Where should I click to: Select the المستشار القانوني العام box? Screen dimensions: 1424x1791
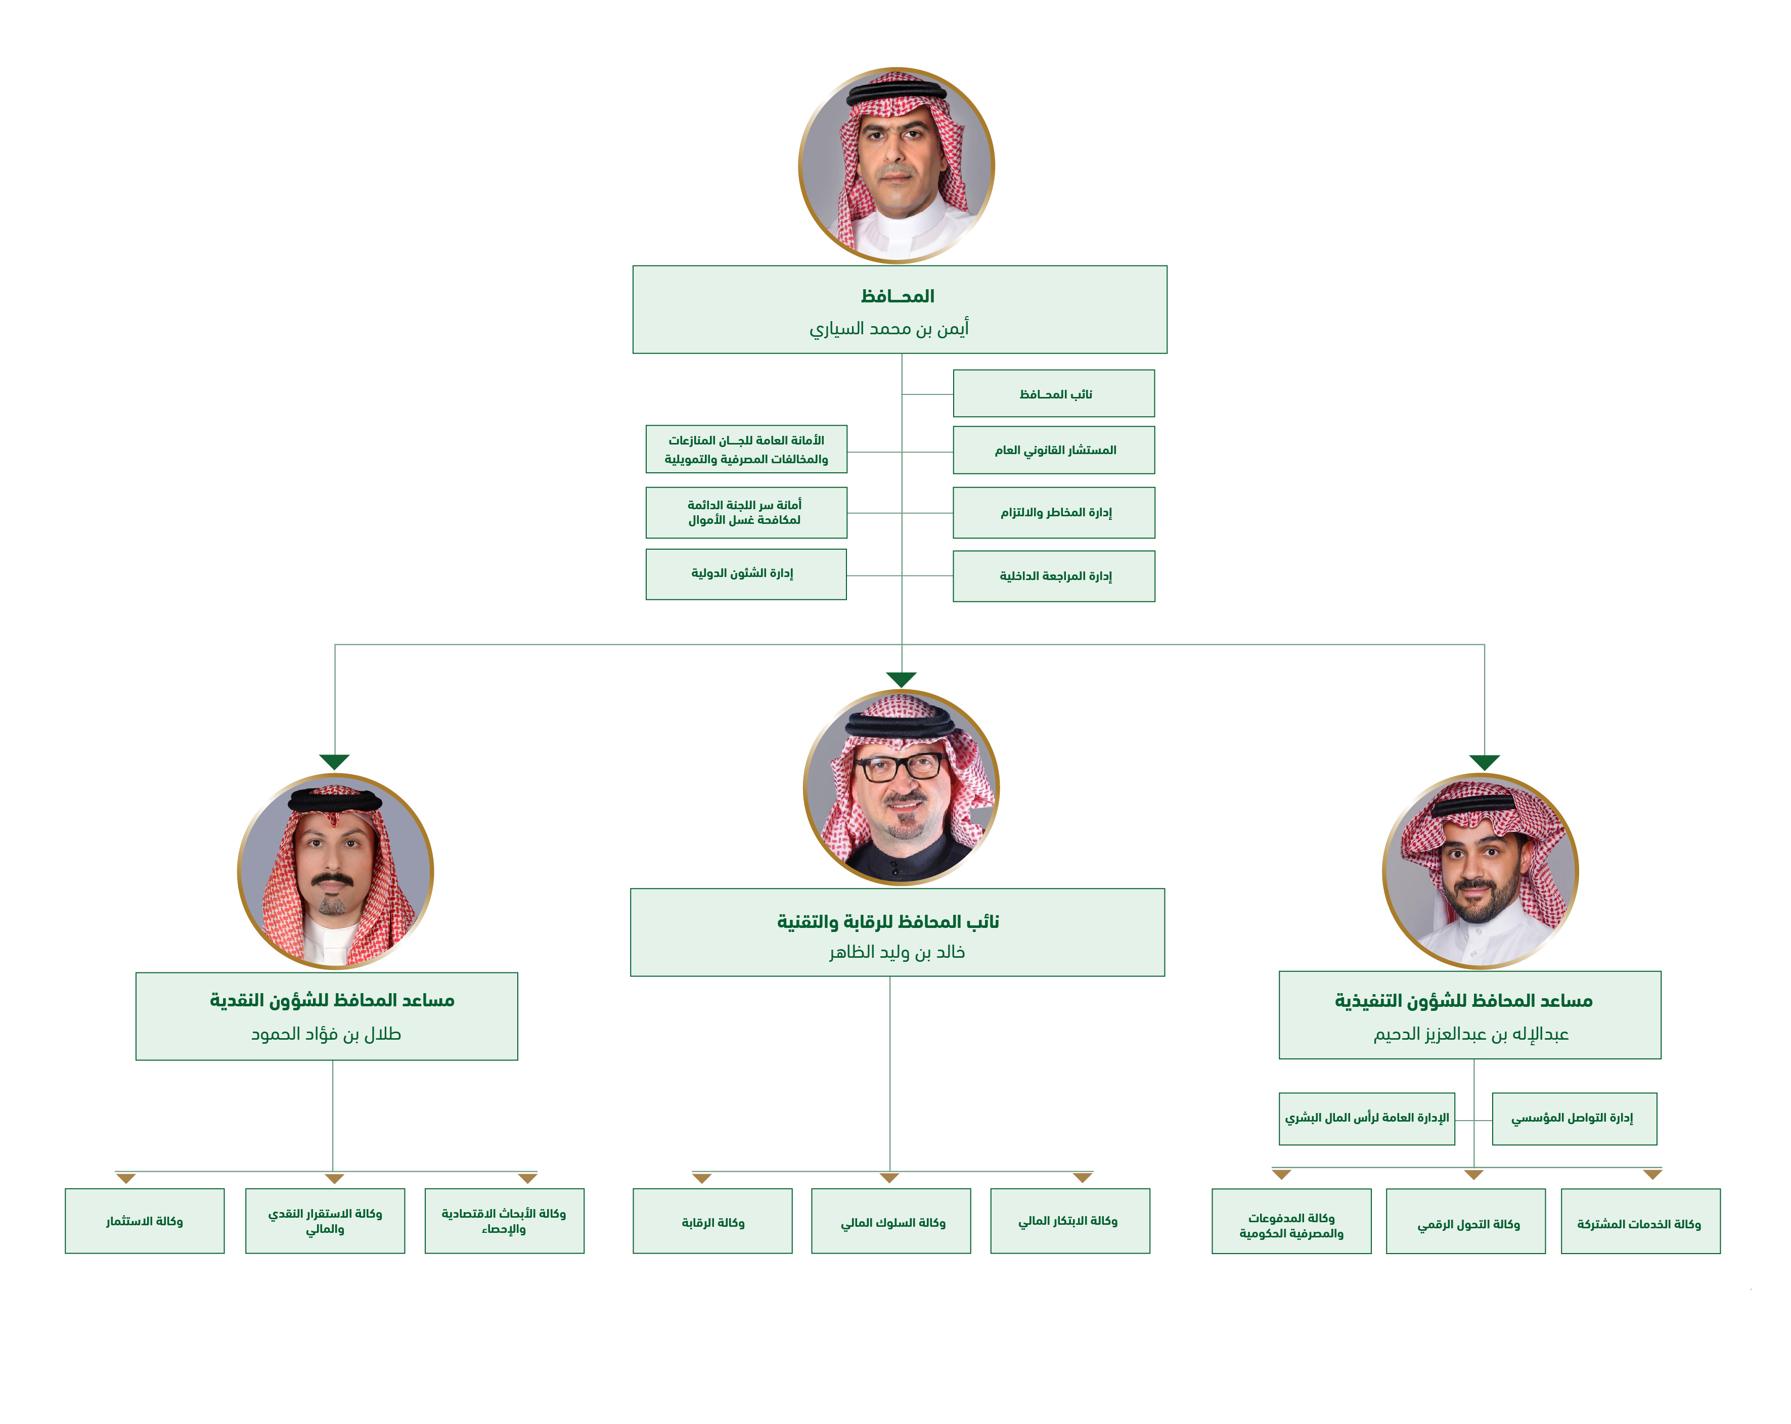pos(1053,450)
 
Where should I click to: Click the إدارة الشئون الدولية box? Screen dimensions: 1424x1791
pos(745,574)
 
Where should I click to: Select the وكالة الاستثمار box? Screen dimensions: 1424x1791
pos(145,1220)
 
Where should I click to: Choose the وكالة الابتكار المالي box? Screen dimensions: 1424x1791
pos(1069,1220)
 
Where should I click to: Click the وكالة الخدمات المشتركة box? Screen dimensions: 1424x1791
pos(1640,1223)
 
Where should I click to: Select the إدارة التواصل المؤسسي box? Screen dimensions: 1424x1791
pos(1574,1118)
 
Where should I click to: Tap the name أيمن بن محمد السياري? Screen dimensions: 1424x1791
pos(889,329)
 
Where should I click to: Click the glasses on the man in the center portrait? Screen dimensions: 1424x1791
pos(901,766)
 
